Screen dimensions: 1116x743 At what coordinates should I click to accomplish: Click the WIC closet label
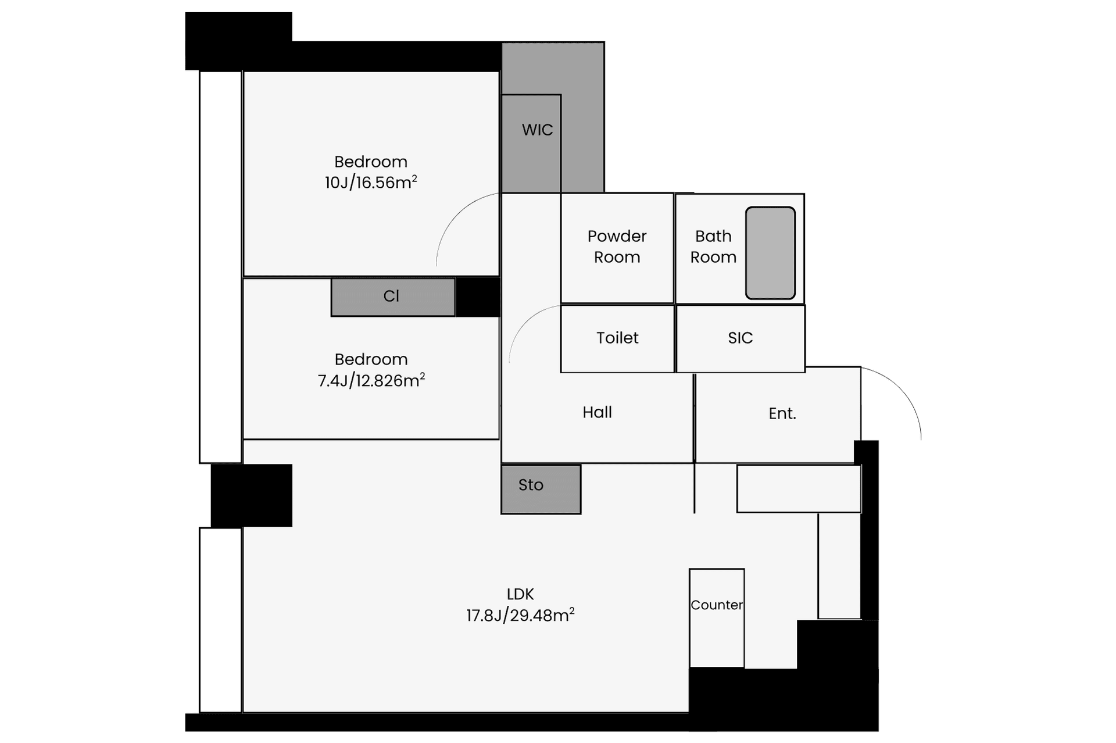coord(537,130)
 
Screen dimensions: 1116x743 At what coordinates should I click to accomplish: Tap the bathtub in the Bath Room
coord(770,253)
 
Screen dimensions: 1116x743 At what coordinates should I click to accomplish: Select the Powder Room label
coord(617,247)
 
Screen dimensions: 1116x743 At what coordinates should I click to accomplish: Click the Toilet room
coord(617,338)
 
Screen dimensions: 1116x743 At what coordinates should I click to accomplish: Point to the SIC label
coord(740,338)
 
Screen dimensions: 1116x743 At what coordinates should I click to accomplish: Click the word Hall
coord(597,412)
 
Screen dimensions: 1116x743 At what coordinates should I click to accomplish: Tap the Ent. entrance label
coord(782,413)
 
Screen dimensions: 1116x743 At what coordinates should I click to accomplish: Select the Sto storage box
coord(541,489)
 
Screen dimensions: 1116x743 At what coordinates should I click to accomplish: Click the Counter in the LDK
coord(717,618)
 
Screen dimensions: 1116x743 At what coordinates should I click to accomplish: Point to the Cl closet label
coord(391,297)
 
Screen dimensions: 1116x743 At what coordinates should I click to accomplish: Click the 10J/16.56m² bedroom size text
coord(371,183)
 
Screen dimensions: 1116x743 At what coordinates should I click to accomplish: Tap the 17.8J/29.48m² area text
coord(520,615)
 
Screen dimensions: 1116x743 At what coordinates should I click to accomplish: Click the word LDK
coord(520,594)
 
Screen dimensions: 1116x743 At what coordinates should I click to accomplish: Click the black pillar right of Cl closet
coord(478,297)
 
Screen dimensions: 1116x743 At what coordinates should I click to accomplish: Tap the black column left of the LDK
coord(251,495)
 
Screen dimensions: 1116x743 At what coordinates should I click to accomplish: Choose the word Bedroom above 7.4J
coord(371,359)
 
